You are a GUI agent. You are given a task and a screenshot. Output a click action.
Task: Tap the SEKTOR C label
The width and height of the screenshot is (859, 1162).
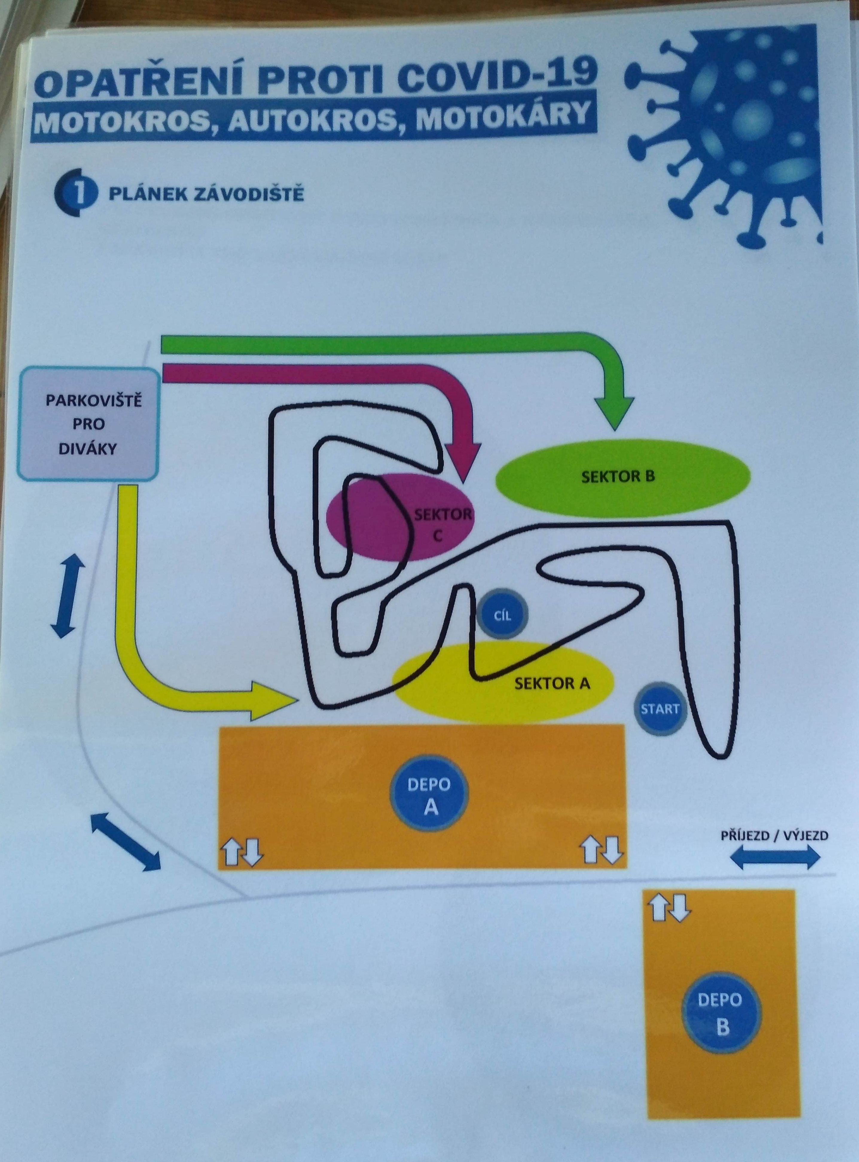(442, 525)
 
